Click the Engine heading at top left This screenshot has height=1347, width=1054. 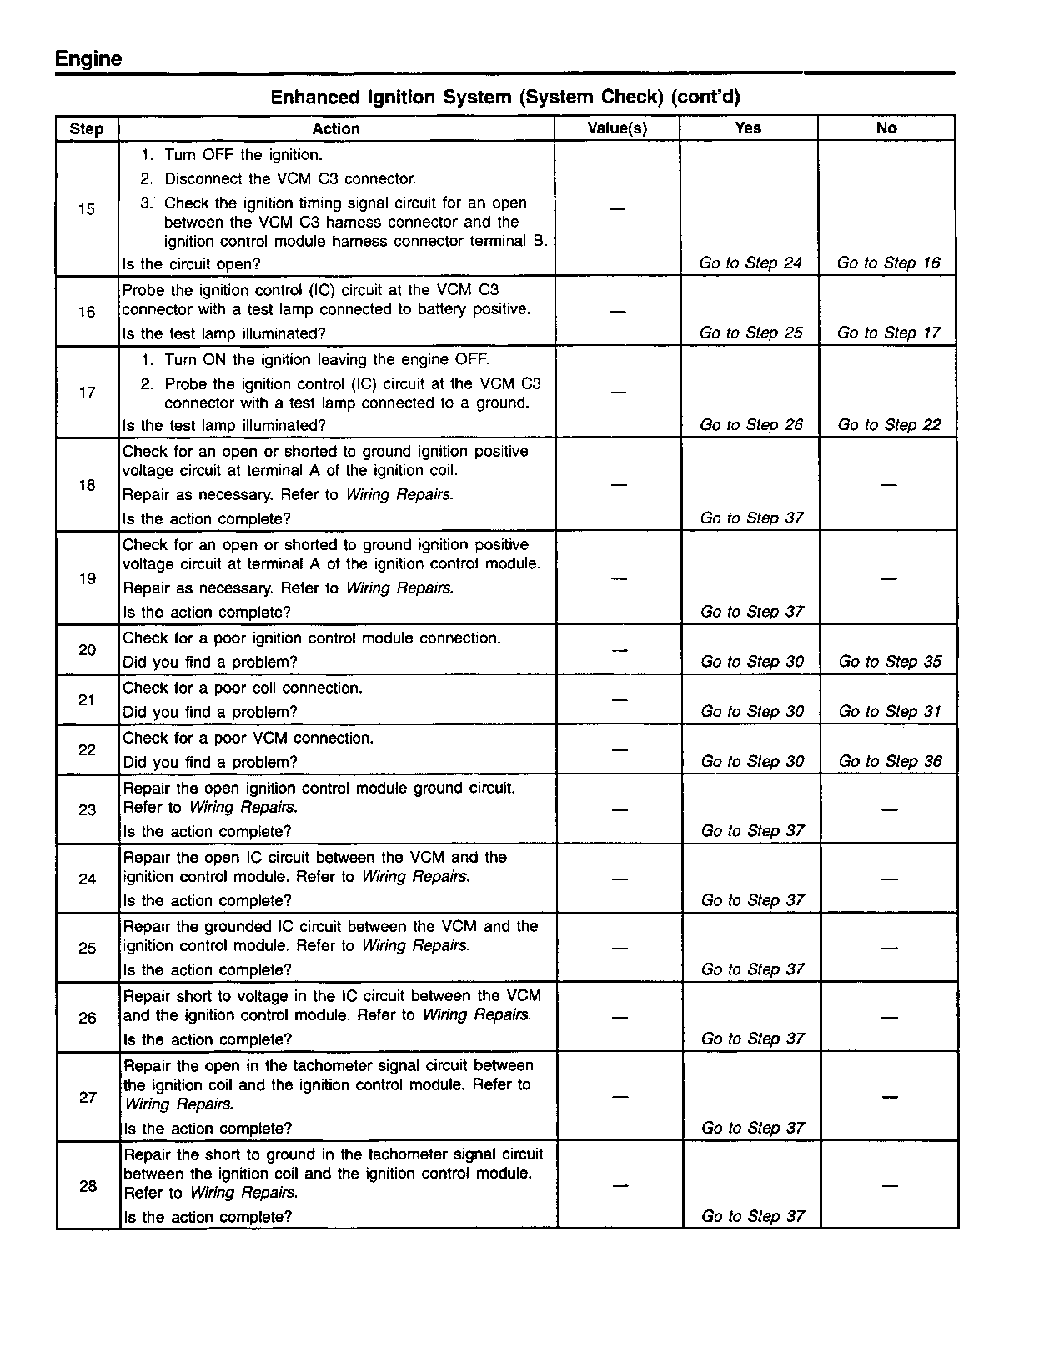tap(88, 59)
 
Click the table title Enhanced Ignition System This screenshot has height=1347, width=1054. tap(504, 98)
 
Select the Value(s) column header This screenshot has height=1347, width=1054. tap(617, 128)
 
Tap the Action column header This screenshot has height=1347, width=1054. tap(336, 128)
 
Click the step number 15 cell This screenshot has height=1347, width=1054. tap(87, 209)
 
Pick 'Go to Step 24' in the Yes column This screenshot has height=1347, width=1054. tap(750, 263)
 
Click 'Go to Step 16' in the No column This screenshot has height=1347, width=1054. tap(888, 263)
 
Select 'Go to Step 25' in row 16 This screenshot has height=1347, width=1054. tap(750, 333)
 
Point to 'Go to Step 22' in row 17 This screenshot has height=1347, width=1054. tap(889, 425)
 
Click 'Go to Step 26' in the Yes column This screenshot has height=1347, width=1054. tap(750, 425)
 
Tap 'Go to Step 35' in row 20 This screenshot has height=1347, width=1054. tap(890, 662)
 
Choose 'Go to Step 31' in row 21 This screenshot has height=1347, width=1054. tap(890, 712)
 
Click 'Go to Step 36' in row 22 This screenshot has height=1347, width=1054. tap(890, 762)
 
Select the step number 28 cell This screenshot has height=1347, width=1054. tap(88, 1186)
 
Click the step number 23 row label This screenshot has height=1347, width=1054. tap(88, 809)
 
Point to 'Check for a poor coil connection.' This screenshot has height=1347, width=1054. tap(243, 689)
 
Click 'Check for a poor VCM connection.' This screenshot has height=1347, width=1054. tap(248, 739)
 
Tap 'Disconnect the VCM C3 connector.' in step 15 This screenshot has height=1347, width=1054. tap(289, 179)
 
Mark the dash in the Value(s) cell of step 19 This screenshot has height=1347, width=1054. tap(618, 578)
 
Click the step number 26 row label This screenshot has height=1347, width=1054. tap(88, 1018)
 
